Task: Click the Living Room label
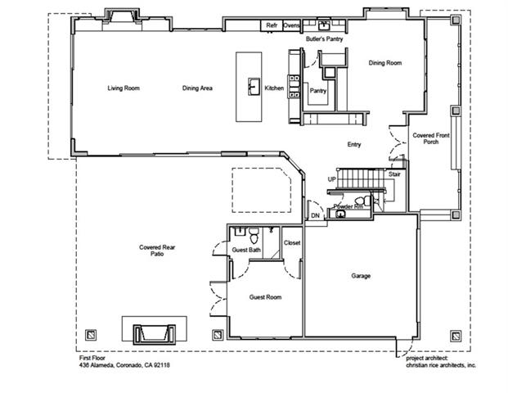click(x=120, y=88)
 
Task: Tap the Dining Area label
click(x=197, y=88)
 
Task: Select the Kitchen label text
click(x=274, y=88)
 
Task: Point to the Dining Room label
click(x=384, y=63)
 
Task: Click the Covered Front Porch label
click(x=430, y=139)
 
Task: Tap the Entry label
click(x=354, y=145)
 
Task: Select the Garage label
click(x=361, y=276)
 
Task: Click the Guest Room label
click(x=266, y=297)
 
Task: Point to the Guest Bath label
click(x=246, y=250)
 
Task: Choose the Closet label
click(x=292, y=243)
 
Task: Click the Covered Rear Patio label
click(x=152, y=251)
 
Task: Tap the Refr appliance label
click(x=272, y=26)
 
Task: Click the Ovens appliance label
click(x=291, y=26)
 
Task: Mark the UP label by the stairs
click(x=332, y=178)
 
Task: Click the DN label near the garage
click(x=314, y=215)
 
